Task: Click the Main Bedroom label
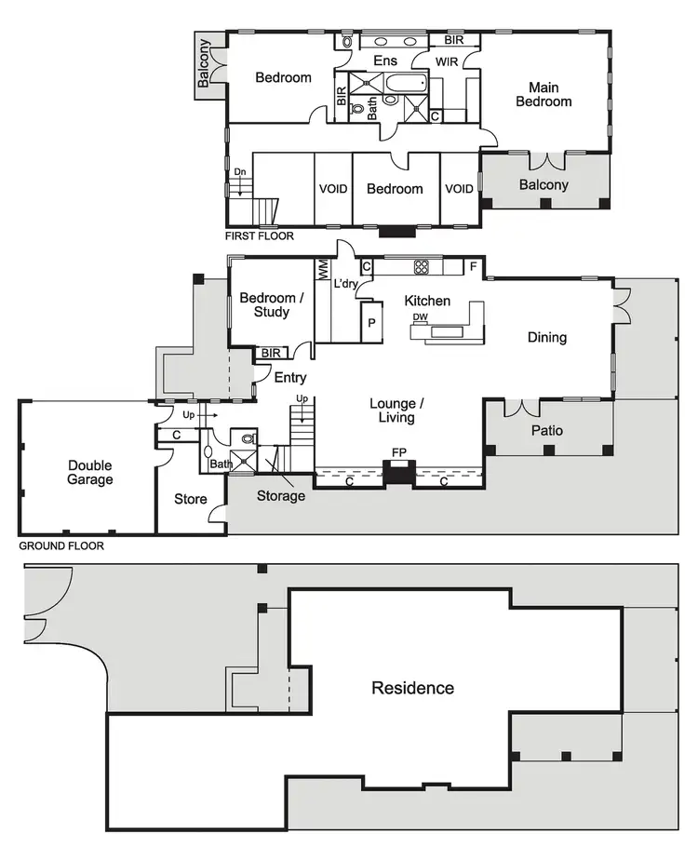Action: coord(544,94)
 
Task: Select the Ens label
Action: coord(385,61)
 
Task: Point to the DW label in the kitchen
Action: coord(420,317)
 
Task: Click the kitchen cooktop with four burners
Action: coord(421,267)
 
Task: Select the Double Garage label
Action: coord(90,473)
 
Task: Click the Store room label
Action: coord(191,500)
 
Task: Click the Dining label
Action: coord(546,338)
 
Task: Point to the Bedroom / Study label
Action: coord(271,305)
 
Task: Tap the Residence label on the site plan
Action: coord(413,689)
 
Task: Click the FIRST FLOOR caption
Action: coord(260,236)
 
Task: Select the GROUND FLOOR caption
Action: coord(61,546)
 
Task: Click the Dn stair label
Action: coord(240,172)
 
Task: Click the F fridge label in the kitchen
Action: coord(473,267)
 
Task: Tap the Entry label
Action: coord(290,378)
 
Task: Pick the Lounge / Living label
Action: coord(397,410)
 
